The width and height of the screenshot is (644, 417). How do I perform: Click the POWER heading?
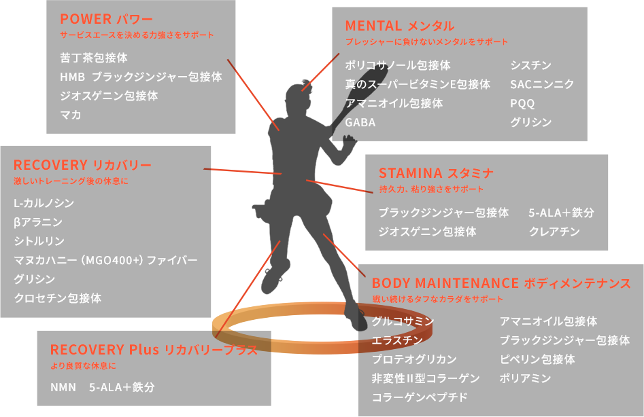106,19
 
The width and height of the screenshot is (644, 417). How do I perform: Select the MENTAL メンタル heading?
399,26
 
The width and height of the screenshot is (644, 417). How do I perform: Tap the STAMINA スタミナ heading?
436,173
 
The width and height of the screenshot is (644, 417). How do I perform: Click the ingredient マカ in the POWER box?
71,115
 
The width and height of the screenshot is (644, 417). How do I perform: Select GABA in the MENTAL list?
360,123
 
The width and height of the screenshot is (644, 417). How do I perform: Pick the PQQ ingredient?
522,104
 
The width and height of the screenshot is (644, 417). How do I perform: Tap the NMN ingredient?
63,388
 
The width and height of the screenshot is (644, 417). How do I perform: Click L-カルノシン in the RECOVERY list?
44,203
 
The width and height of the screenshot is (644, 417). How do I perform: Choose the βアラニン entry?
38,222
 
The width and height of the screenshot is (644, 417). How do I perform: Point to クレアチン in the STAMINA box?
554,232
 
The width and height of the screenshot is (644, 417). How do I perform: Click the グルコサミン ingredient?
403,321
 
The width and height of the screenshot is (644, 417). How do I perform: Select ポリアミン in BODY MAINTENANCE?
525,378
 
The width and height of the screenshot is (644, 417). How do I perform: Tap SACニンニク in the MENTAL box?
542,84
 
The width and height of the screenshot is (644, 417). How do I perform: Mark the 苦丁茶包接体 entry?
94,58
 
